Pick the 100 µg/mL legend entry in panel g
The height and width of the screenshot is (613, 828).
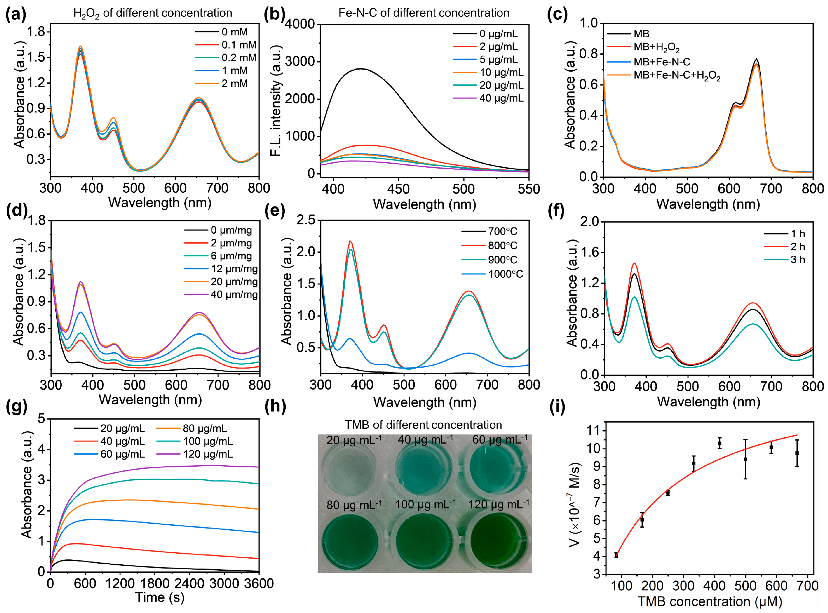[x=208, y=441]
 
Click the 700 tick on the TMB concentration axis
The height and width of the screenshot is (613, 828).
[x=807, y=586]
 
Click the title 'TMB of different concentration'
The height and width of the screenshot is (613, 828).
[x=423, y=425]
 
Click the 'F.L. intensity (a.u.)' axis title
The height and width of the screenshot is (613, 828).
[x=276, y=100]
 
